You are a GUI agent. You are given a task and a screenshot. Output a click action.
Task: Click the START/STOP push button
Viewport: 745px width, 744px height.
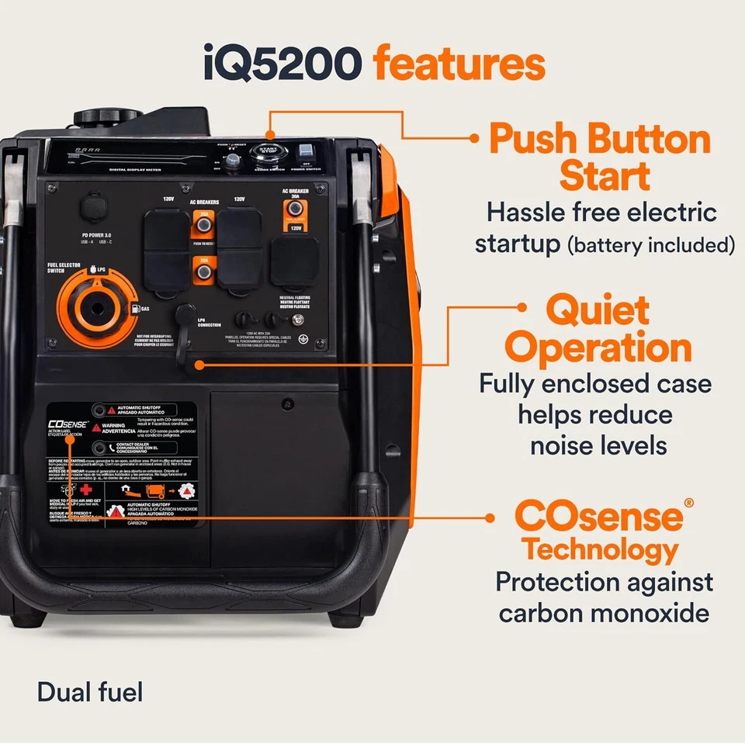pyautogui.click(x=267, y=151)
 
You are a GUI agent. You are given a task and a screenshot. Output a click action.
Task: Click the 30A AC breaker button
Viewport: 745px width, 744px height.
pyautogui.click(x=295, y=212)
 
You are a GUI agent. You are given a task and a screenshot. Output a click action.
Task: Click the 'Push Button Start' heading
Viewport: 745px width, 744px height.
pyautogui.click(x=599, y=157)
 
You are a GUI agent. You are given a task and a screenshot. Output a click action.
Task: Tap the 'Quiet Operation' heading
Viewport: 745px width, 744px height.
pyautogui.click(x=598, y=330)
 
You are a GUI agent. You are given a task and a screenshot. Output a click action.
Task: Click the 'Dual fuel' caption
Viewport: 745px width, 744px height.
pyautogui.click(x=89, y=691)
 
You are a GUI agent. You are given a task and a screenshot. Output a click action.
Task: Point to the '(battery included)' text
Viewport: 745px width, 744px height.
pyautogui.click(x=650, y=245)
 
